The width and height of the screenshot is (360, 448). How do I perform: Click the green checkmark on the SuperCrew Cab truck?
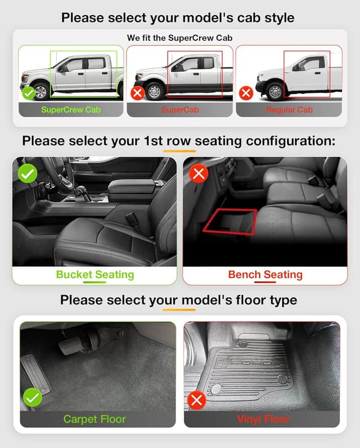click(28, 92)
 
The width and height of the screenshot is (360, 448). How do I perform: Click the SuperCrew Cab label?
click(71, 110)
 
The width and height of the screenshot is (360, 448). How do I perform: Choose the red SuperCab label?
click(180, 110)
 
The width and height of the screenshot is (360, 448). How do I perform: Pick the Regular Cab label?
click(289, 110)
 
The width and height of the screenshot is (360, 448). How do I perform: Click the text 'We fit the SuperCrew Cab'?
click(180, 38)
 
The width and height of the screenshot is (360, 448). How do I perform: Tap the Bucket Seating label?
click(95, 275)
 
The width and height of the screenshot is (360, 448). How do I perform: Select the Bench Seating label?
click(265, 275)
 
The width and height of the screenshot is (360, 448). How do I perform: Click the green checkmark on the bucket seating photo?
click(27, 173)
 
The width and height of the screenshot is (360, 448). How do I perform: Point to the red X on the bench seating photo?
click(198, 173)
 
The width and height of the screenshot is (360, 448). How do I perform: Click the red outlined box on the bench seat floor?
click(229, 221)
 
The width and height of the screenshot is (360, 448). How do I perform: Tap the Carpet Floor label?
click(95, 419)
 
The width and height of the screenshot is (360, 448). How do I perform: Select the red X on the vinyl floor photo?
click(196, 401)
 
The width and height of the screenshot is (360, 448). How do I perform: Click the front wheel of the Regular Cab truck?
click(276, 91)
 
